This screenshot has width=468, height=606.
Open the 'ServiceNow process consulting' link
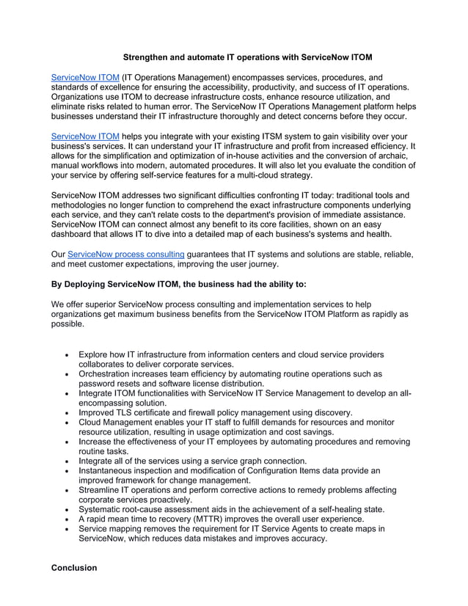(x=125, y=255)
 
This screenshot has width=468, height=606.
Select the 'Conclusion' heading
(x=73, y=567)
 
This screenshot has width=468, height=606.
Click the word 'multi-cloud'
(x=262, y=176)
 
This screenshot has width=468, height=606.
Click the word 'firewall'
(x=205, y=413)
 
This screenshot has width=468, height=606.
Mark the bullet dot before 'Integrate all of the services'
(x=67, y=461)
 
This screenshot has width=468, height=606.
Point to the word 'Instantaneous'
(x=112, y=470)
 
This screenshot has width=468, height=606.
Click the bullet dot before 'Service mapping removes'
(x=67, y=528)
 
